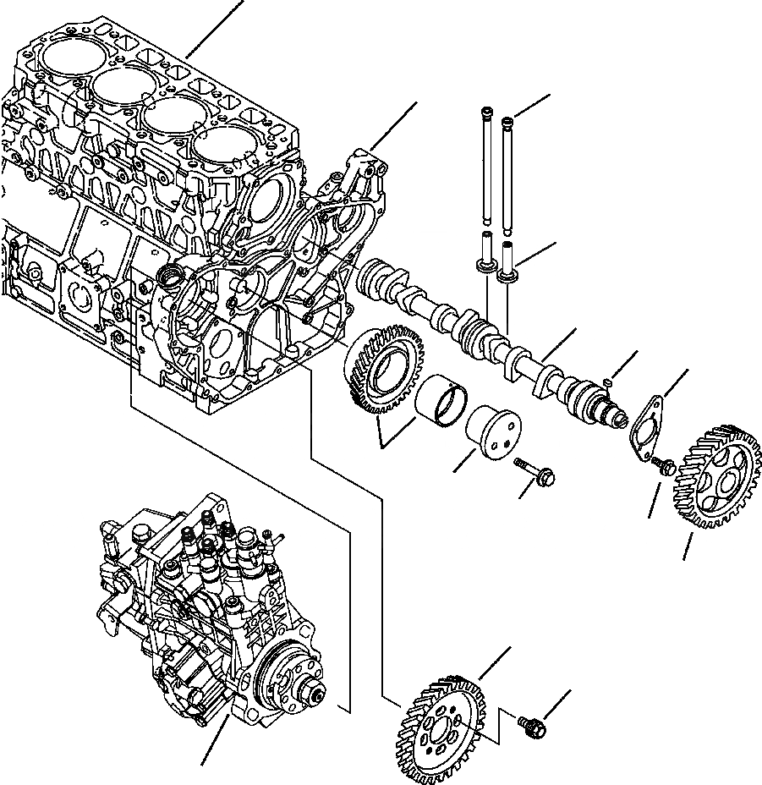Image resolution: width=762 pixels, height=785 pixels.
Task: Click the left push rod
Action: [x=487, y=169]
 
